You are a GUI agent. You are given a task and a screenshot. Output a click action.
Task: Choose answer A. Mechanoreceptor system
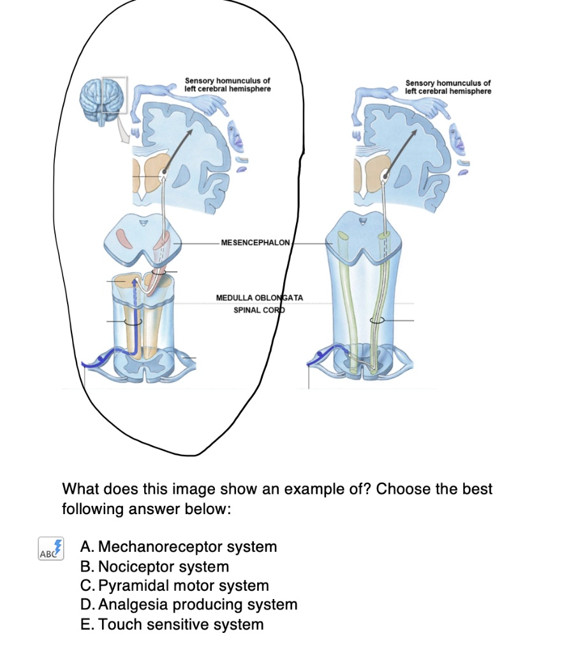tap(179, 547)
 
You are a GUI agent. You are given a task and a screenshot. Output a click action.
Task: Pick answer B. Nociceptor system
tap(154, 567)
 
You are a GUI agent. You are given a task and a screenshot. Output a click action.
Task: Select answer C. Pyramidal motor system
tap(175, 586)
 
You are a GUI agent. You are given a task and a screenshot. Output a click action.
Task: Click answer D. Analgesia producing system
tap(189, 605)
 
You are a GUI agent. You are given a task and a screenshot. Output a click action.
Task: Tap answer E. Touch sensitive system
tap(172, 624)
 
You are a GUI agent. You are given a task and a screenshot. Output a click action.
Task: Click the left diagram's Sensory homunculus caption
tap(227, 85)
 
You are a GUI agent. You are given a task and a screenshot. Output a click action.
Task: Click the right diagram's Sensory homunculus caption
tap(448, 87)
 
